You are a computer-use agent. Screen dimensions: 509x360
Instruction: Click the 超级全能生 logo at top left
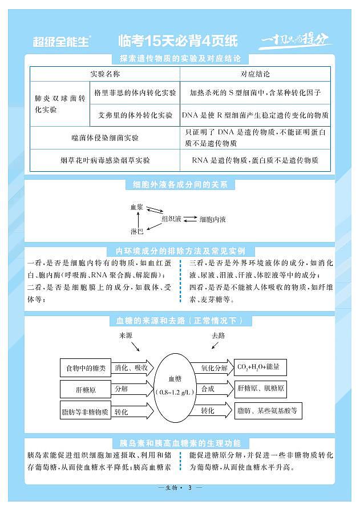click(x=62, y=41)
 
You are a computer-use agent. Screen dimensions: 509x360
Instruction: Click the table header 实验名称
click(x=105, y=74)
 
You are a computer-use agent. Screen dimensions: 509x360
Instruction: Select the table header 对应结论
click(x=255, y=74)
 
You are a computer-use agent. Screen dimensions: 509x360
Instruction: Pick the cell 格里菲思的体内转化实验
click(x=135, y=92)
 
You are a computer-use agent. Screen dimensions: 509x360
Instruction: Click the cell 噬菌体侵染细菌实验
click(x=105, y=138)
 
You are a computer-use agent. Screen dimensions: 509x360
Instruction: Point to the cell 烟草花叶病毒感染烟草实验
click(x=105, y=160)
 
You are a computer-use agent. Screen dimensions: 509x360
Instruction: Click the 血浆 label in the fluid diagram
click(x=137, y=207)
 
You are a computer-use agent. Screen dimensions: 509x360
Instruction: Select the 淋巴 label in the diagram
click(x=137, y=231)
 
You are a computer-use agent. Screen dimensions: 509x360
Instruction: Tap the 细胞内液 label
click(x=212, y=219)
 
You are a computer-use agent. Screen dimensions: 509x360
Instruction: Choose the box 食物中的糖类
click(x=86, y=368)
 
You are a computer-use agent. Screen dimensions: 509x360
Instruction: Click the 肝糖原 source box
click(x=86, y=389)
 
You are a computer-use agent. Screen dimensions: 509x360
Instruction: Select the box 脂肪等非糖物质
click(x=86, y=411)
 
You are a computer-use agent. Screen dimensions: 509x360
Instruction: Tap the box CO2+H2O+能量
click(x=261, y=367)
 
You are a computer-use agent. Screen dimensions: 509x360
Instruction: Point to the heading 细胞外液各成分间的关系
click(x=180, y=185)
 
